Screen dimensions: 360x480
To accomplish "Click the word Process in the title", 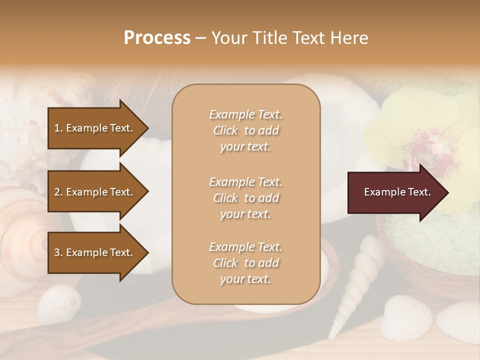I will click(157, 38).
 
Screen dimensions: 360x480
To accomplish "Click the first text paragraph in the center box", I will click(245, 130).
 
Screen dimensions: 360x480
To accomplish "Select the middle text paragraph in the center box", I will click(245, 198).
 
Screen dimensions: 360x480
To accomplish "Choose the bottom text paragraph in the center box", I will click(245, 263).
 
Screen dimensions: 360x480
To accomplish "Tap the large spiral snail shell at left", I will click(22, 225).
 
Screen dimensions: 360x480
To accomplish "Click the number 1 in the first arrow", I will click(56, 128).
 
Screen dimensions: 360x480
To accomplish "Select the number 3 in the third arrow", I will click(56, 252).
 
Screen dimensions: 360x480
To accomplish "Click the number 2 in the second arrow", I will click(56, 192).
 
